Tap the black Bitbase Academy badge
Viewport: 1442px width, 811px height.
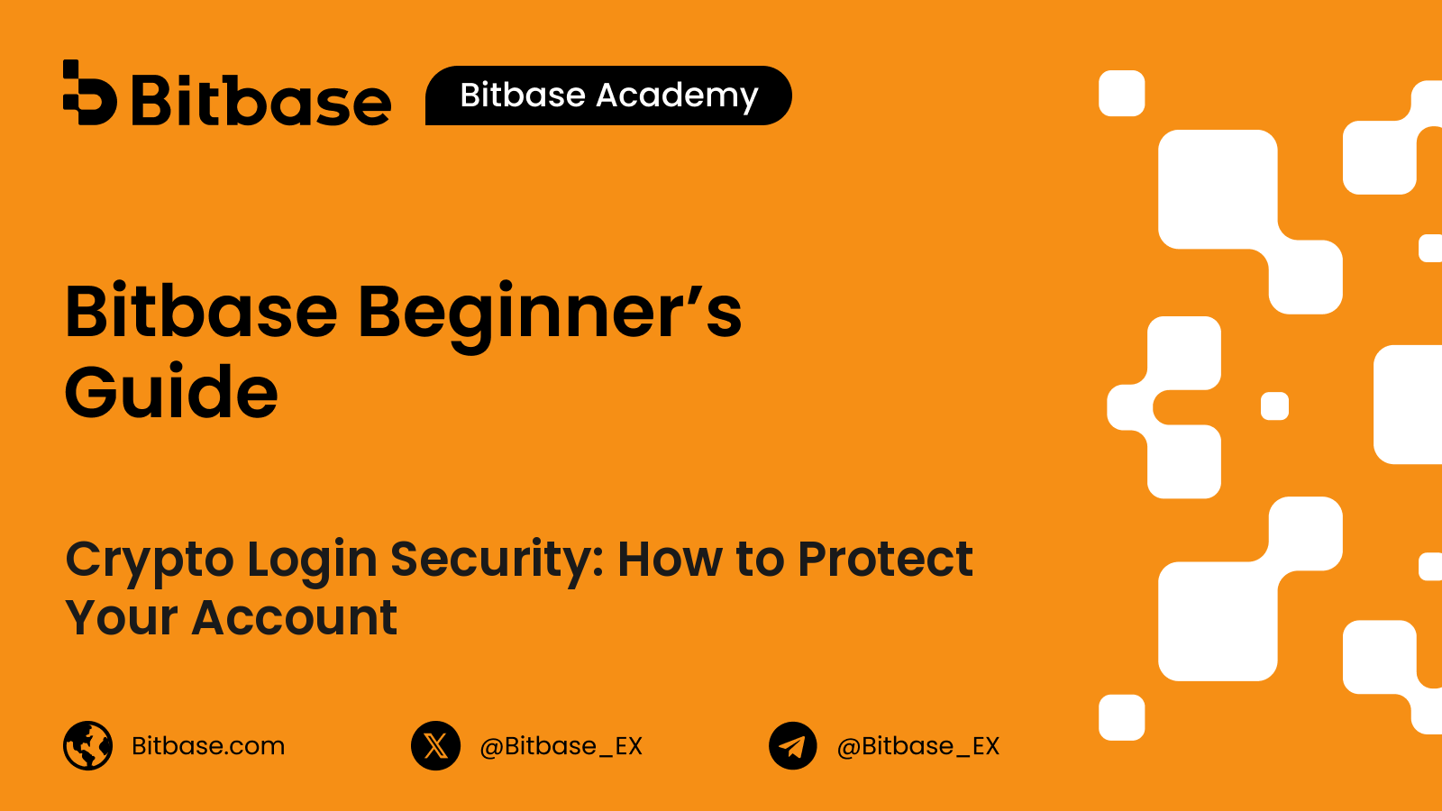(608, 96)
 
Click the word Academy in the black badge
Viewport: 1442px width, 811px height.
(677, 96)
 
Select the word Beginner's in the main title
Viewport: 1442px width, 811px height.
(550, 315)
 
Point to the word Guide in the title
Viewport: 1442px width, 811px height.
(171, 391)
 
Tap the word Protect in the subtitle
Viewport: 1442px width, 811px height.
(885, 558)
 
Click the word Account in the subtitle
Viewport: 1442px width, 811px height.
(294, 616)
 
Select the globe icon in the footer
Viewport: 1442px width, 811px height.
(88, 745)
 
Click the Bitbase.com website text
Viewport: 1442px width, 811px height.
(208, 745)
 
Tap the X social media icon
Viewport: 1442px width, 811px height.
(436, 745)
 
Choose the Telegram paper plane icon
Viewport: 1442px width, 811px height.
(793, 745)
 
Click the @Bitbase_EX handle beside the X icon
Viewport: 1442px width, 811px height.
(561, 746)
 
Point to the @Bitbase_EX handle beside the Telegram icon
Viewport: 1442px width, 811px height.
(918, 746)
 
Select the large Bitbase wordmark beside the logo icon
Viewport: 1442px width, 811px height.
(262, 99)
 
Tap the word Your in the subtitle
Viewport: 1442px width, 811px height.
(122, 616)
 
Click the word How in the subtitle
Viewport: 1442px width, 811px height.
(671, 558)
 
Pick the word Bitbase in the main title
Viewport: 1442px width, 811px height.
(202, 310)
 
